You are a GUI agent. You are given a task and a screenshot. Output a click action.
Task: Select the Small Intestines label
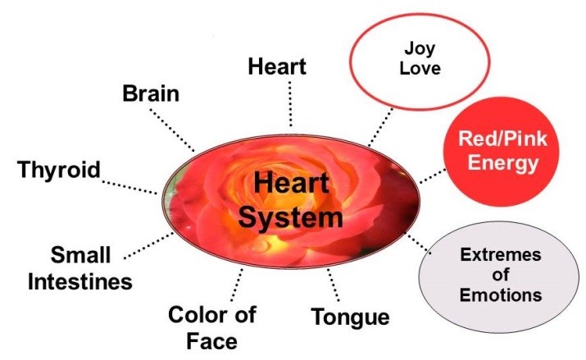80,268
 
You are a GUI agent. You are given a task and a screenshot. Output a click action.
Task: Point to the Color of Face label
211,326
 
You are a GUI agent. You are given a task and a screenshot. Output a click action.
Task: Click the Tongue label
351,317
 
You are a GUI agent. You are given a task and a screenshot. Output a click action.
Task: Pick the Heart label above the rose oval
277,66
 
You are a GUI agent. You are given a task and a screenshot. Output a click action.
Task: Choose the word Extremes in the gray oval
499,255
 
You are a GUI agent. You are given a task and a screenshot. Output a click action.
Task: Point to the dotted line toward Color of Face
236,285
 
